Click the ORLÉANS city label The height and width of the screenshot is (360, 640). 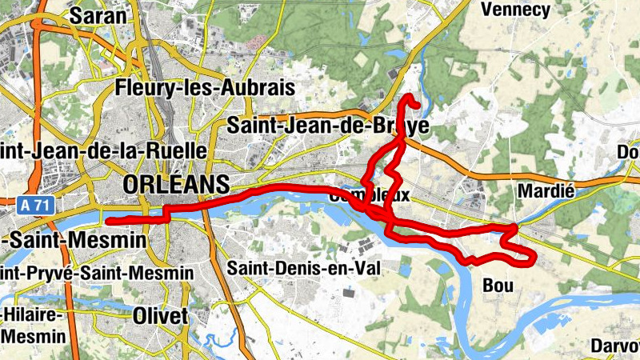176,184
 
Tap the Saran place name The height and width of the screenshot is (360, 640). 98,15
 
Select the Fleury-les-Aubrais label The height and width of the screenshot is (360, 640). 205,87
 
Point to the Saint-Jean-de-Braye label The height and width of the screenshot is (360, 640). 329,126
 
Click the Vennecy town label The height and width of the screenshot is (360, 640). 516,10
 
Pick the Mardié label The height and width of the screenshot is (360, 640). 546,192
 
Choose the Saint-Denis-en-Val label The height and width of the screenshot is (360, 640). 304,268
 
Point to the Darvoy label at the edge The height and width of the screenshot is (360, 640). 614,346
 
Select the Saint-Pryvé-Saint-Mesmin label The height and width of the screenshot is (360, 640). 96,272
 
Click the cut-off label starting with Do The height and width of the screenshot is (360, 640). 629,153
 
